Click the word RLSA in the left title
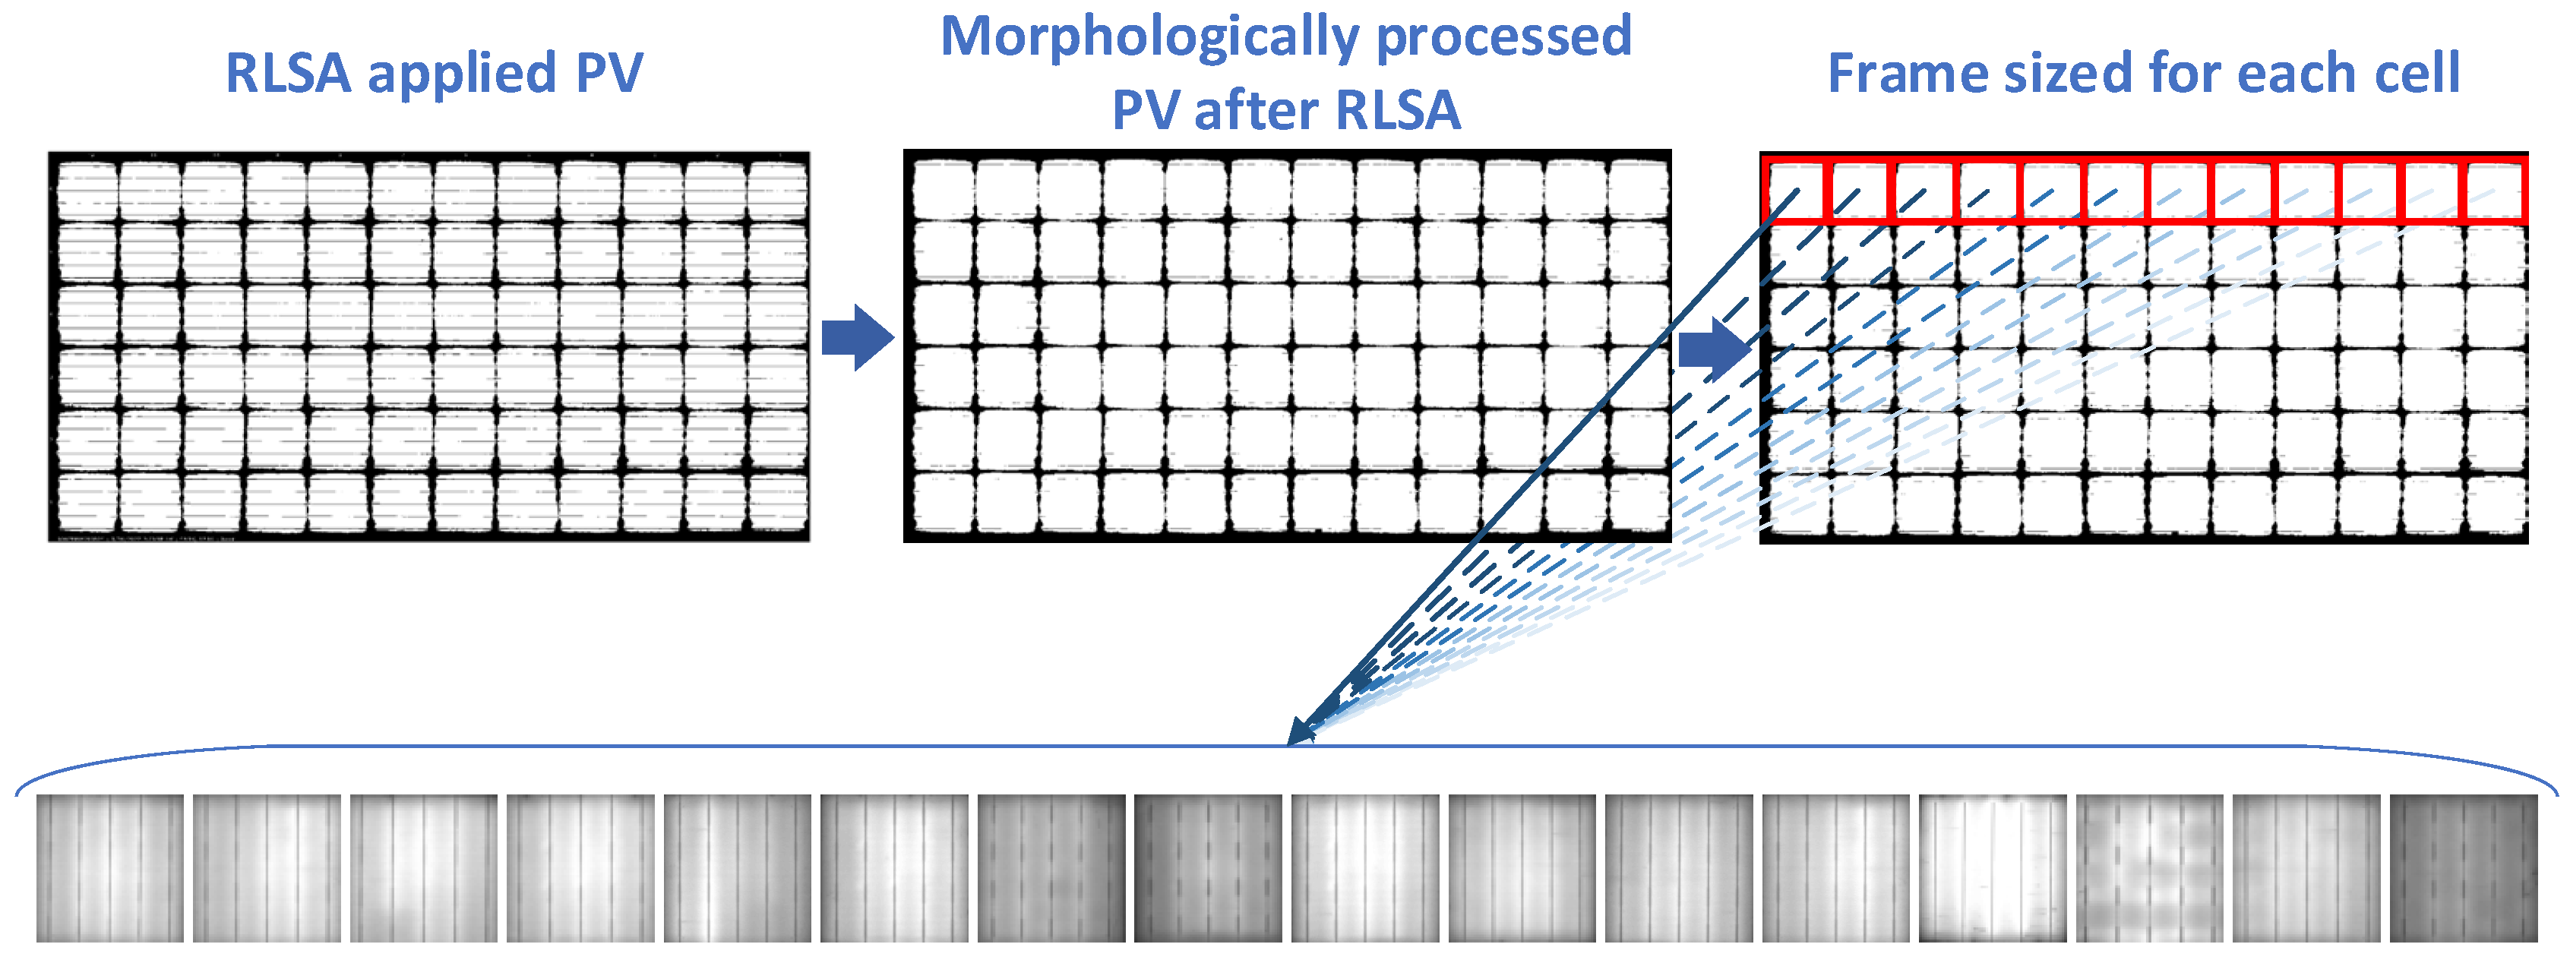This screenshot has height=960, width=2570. point(289,74)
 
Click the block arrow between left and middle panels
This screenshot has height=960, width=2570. point(857,338)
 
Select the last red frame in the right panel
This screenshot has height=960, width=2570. point(2496,191)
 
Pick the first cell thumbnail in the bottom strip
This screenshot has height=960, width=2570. point(109,868)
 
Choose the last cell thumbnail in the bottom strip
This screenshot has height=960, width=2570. point(2462,868)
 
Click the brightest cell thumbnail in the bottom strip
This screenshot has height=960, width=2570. point(1993,868)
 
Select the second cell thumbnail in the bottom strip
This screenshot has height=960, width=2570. point(267,868)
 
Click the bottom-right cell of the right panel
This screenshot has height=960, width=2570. point(2496,506)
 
